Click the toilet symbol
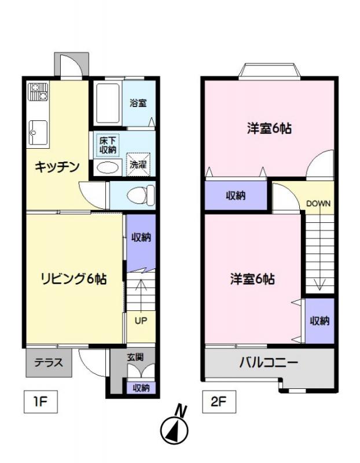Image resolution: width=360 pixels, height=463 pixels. click(x=141, y=195)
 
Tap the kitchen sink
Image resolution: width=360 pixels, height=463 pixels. click(x=38, y=132)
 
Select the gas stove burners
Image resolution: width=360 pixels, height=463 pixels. click(x=38, y=92)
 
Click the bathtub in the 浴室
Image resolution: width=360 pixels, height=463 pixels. click(x=108, y=104)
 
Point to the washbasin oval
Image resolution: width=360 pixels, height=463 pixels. click(x=108, y=168)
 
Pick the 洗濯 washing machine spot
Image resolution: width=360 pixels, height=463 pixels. click(x=138, y=164)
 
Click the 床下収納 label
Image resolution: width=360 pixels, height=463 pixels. click(x=108, y=145)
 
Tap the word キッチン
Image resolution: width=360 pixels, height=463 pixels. click(x=57, y=167)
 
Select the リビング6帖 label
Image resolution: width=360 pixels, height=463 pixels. click(x=74, y=278)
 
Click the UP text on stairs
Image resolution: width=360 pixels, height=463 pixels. click(x=141, y=321)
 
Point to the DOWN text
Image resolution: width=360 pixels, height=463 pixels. click(x=318, y=204)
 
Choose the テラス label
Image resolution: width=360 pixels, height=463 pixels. click(x=49, y=362)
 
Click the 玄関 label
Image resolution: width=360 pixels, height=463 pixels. click(x=135, y=357)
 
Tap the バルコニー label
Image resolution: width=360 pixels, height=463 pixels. click(x=268, y=362)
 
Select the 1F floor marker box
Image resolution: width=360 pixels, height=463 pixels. click(x=41, y=402)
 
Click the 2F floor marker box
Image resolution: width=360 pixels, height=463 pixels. click(x=219, y=402)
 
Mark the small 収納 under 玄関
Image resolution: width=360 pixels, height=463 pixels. click(x=141, y=388)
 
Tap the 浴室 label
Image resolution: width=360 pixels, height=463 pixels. click(x=138, y=103)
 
